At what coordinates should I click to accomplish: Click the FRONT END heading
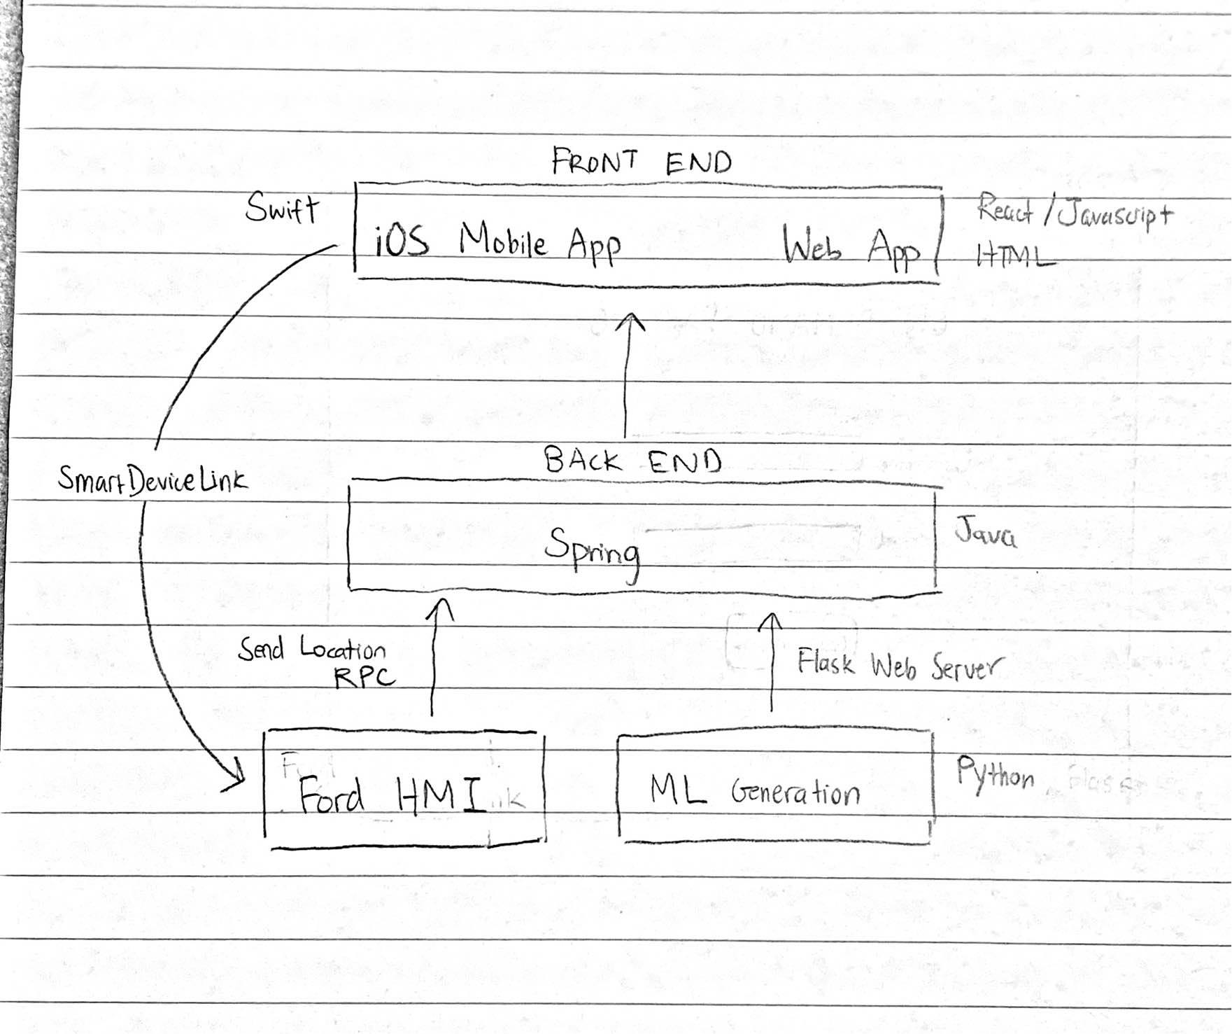tap(641, 162)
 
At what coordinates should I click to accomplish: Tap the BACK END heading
tap(632, 461)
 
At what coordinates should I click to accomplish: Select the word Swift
tap(282, 208)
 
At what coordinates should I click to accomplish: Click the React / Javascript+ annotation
tap(1074, 211)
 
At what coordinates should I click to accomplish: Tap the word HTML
tap(1014, 257)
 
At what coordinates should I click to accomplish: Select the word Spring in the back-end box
tap(592, 551)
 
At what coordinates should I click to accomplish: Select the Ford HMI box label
tap(392, 796)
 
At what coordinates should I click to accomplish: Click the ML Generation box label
tap(754, 792)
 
